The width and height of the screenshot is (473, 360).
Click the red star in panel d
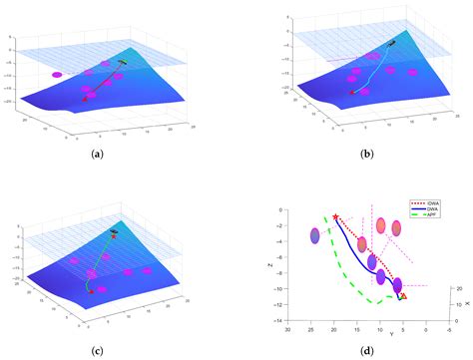335,215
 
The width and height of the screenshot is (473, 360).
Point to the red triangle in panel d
403,295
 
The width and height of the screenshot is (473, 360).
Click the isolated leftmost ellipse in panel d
315,236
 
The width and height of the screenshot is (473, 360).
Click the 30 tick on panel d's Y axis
287,329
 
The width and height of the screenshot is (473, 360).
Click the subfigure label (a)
98,154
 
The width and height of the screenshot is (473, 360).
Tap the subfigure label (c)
98,349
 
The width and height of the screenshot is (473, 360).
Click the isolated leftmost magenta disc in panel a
57,74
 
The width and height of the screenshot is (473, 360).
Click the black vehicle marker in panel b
392,43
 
